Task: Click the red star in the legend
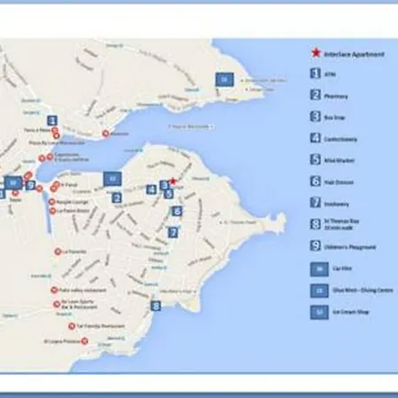[317, 54]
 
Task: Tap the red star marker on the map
[173, 181]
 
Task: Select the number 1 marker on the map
[52, 121]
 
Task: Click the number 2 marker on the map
[116, 197]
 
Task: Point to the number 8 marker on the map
[157, 306]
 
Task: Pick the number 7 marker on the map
[173, 232]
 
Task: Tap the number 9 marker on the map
[31, 185]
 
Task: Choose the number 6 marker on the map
[177, 211]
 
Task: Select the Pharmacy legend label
[336, 96]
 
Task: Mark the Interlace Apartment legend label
[354, 55]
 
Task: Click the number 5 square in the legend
[315, 160]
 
